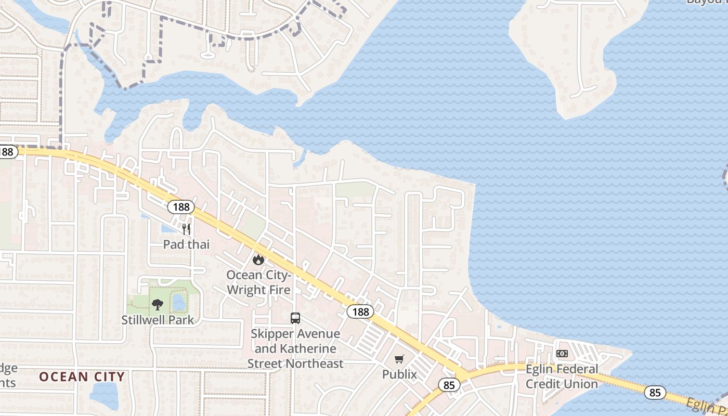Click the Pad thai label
186,244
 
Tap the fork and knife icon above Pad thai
186,229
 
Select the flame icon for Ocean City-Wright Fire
258,259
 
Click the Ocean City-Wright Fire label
258,281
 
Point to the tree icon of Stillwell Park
157,305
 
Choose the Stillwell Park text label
157,320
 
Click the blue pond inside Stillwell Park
178,302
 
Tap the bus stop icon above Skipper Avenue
295,318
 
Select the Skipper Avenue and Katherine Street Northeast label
295,348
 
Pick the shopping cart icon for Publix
399,359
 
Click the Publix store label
399,374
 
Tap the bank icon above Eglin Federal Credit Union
562,354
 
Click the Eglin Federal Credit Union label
562,376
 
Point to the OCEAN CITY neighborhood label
82,376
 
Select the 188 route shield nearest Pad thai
180,207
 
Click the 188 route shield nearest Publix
360,311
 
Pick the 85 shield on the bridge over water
655,392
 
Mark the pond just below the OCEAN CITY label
104,395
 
